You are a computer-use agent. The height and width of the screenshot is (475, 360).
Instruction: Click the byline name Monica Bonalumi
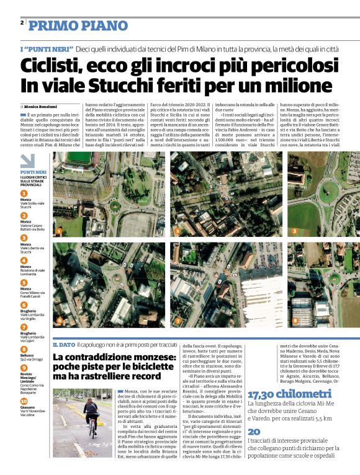coord(42,107)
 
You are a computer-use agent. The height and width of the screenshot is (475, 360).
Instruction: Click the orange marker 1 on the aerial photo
coord(59,231)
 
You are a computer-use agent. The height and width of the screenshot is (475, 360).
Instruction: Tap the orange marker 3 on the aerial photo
coord(294,231)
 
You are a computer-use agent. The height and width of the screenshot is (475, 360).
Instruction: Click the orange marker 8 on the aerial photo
coord(295,321)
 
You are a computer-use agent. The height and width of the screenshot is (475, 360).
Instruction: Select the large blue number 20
coord(254,432)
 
